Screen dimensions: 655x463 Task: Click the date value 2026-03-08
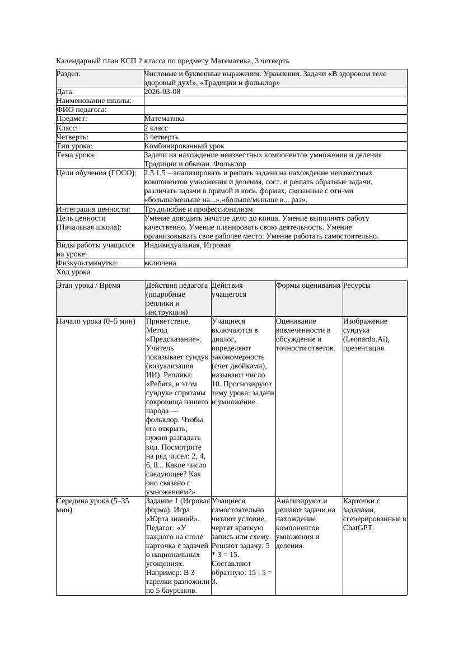162,91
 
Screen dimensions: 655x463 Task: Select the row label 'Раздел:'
69,73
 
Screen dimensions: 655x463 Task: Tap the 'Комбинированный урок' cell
176,146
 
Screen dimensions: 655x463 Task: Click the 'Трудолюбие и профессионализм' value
198,209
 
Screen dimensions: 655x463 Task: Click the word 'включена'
160,263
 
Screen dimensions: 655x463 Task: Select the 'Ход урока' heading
73,272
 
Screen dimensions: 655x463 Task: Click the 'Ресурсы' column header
357,286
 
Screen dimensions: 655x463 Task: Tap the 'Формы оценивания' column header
308,286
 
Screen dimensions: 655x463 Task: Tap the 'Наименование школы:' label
94,101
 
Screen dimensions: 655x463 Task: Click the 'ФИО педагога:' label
82,110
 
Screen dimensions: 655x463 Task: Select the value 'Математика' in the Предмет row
164,119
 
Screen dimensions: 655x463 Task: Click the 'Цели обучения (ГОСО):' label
96,173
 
